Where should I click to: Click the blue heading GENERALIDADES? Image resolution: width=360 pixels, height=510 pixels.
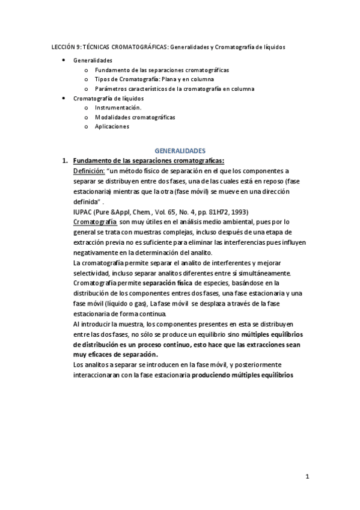coord(180,150)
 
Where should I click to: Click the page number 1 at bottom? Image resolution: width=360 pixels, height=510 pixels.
coord(307,478)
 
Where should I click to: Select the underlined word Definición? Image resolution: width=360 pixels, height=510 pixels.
coord(88,171)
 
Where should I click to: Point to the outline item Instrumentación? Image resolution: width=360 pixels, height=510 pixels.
coord(114,108)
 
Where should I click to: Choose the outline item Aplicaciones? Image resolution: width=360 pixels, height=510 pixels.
coord(112,126)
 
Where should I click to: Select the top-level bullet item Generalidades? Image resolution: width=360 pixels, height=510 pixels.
coord(93,61)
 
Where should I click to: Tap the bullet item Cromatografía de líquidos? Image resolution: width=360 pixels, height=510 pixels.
coord(108,98)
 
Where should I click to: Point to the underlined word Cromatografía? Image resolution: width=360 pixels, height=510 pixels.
coord(94,221)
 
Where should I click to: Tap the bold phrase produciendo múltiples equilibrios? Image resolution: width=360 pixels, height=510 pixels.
coord(242,374)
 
